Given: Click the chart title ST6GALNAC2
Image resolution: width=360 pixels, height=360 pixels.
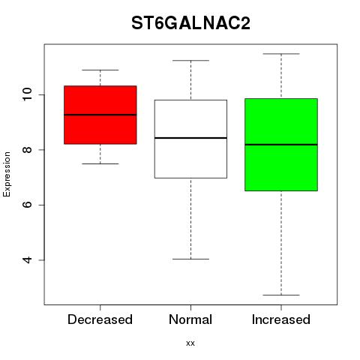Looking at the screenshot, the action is click(190, 23).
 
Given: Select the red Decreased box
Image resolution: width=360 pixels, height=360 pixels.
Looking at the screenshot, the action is click(100, 115).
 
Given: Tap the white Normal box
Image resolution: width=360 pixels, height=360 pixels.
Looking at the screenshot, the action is click(190, 139).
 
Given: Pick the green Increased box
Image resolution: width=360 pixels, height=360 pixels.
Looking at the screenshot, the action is click(281, 145).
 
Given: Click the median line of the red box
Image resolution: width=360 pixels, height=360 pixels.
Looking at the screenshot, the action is click(100, 115).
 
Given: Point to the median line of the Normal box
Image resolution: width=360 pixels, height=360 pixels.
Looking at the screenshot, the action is click(190, 138).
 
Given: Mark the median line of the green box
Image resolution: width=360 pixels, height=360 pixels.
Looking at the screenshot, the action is click(281, 145).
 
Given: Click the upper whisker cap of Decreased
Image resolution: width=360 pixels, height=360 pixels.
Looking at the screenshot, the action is click(100, 70).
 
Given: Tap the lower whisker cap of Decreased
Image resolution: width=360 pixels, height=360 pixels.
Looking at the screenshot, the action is click(100, 163).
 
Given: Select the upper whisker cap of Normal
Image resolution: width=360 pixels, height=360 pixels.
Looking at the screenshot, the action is click(190, 61).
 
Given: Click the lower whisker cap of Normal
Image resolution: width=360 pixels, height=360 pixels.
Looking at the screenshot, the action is click(190, 259).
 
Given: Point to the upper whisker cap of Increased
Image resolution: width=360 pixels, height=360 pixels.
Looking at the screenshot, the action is click(281, 54).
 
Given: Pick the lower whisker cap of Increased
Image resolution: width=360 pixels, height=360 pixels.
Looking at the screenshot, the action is click(281, 295).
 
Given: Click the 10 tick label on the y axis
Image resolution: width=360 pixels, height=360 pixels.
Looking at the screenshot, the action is click(28, 94).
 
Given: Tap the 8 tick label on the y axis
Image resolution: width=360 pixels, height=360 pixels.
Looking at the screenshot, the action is click(28, 150).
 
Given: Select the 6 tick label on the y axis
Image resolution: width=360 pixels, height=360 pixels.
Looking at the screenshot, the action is click(28, 205).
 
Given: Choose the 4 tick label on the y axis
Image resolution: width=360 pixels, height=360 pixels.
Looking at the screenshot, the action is click(28, 259).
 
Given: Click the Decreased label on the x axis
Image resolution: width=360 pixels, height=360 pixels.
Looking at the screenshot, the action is click(100, 319).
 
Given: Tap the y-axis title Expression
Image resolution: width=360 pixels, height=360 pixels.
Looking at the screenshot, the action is click(7, 174).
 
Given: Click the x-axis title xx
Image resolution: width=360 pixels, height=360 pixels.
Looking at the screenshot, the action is click(190, 343).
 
